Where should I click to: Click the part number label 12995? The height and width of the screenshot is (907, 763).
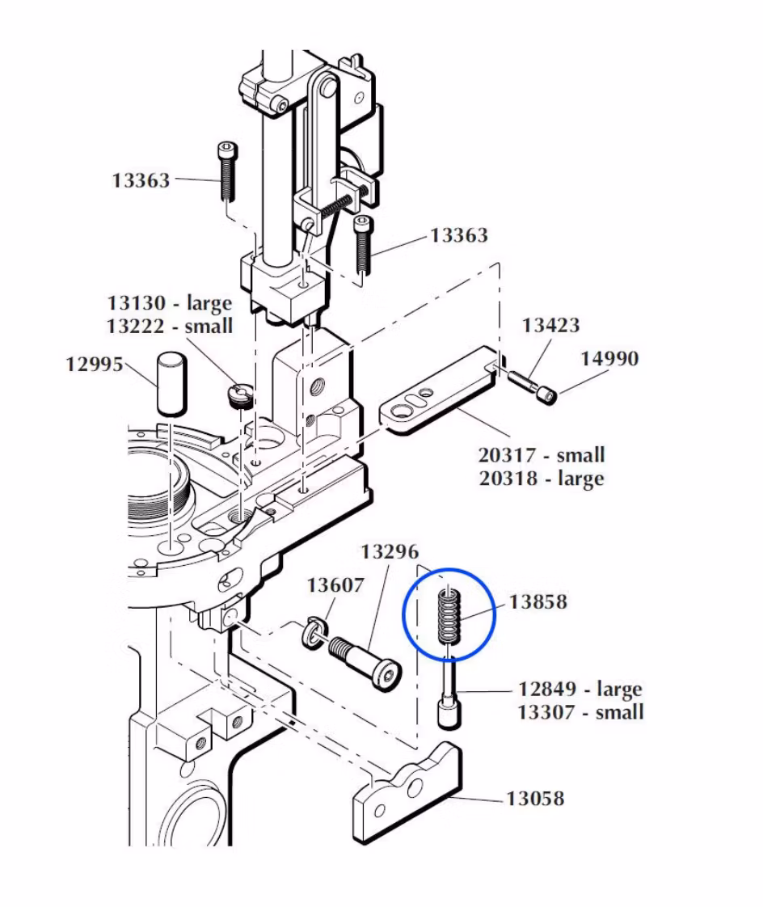(95, 365)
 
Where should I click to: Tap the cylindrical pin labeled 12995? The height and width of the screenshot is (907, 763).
(171, 383)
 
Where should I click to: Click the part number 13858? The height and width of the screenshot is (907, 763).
(537, 602)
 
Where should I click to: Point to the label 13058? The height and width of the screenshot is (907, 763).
(535, 799)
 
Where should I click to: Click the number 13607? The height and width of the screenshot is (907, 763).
(335, 584)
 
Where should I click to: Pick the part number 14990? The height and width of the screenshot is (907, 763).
(609, 358)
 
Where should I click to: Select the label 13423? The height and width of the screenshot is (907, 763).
(550, 326)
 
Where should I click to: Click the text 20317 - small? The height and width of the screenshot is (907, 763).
(542, 455)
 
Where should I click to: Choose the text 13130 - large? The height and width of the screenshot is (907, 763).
(170, 303)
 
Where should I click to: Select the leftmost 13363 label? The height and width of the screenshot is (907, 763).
(141, 180)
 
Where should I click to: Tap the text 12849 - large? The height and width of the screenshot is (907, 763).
(580, 690)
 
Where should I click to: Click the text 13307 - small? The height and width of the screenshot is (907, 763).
(580, 712)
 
